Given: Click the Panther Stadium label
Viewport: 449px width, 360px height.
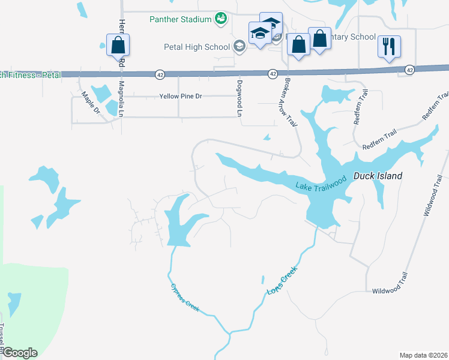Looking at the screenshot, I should point(181,19).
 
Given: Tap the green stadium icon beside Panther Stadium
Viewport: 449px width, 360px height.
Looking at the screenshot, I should point(220,19).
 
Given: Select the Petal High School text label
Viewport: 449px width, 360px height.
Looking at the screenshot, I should point(197,46).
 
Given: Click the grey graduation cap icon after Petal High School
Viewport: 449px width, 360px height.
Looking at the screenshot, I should point(240,46).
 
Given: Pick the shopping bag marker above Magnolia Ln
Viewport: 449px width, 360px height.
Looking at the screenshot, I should point(118,44).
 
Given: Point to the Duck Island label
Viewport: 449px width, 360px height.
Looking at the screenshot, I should point(377,176).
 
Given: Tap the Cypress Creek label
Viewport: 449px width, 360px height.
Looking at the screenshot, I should point(185,299).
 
